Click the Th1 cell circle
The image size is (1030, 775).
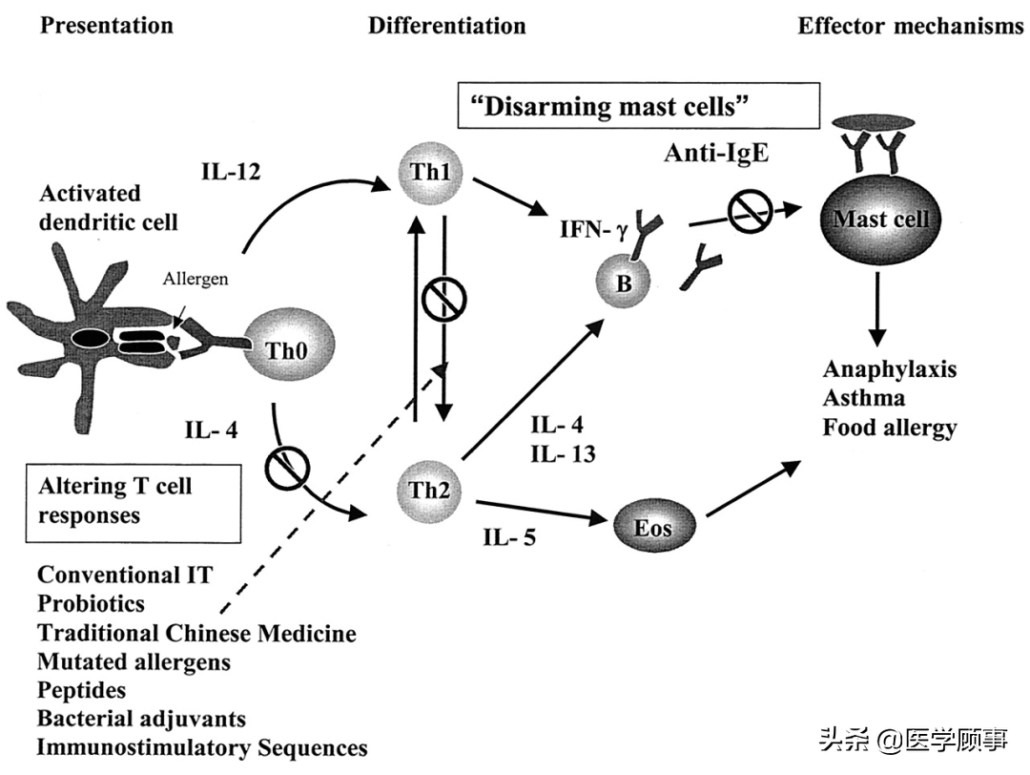[x=431, y=173]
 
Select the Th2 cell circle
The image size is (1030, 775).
[x=429, y=491]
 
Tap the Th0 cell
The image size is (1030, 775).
[x=288, y=346]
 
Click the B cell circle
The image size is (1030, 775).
[x=624, y=282]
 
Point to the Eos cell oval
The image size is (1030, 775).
[x=652, y=527]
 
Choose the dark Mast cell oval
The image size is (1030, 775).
[x=880, y=219]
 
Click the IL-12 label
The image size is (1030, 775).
[x=231, y=172]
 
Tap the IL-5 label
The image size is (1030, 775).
[x=509, y=537]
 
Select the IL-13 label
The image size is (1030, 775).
[x=563, y=454]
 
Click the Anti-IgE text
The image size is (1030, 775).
[x=716, y=153]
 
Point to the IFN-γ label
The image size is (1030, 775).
[x=594, y=229]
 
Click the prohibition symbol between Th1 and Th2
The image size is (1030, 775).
[x=444, y=300]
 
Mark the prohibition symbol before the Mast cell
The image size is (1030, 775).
[x=750, y=211]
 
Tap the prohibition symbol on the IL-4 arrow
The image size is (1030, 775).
[x=286, y=468]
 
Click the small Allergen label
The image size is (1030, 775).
[x=196, y=279]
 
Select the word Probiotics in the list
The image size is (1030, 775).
[x=92, y=603]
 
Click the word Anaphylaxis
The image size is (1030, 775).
[x=890, y=369]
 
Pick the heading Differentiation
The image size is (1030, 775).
[x=446, y=26]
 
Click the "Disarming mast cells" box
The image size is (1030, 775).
[x=638, y=105]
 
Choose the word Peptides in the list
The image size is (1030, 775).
[x=81, y=690]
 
